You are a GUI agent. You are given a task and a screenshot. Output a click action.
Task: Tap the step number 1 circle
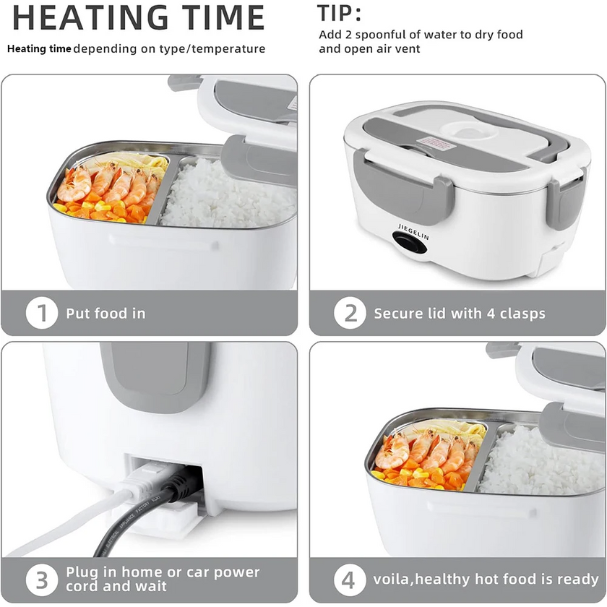(42, 314)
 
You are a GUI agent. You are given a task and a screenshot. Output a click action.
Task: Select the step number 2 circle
(350, 314)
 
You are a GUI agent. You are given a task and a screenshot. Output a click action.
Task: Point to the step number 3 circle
(42, 579)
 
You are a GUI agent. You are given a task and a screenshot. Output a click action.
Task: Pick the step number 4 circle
(350, 579)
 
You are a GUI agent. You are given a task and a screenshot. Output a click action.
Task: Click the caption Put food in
(106, 314)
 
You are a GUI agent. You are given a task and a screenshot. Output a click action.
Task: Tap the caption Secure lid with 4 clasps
(459, 314)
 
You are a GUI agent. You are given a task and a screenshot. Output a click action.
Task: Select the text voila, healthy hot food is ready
(486, 579)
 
